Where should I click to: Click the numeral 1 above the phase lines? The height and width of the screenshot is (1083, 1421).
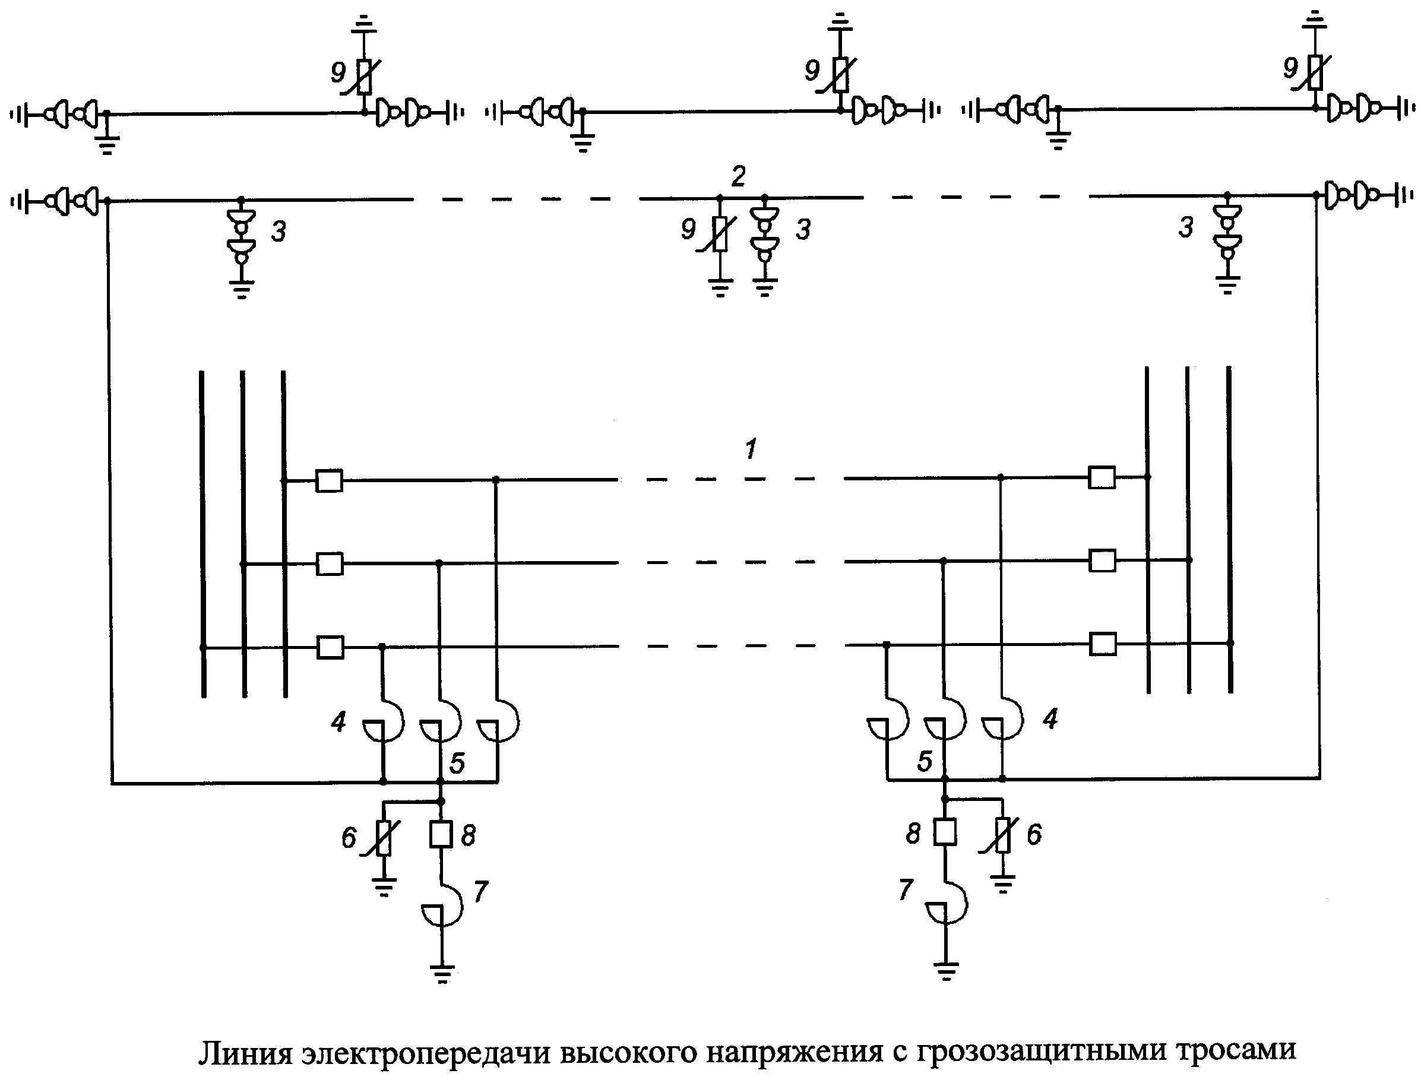coord(751,449)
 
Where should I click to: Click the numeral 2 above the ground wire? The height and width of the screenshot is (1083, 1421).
coord(738,175)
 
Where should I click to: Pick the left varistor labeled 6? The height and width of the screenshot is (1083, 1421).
coord(384,837)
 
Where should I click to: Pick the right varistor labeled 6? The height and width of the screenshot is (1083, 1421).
coord(1002,835)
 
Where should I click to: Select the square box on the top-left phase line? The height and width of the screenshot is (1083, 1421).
coord(329,480)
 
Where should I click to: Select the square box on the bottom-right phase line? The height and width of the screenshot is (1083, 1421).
coord(1102,644)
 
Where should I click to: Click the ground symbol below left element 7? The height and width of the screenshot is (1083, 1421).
coord(442,972)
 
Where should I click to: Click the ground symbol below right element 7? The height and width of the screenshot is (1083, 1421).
coord(946,970)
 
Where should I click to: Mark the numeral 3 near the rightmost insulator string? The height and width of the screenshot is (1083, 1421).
coord(1186,227)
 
